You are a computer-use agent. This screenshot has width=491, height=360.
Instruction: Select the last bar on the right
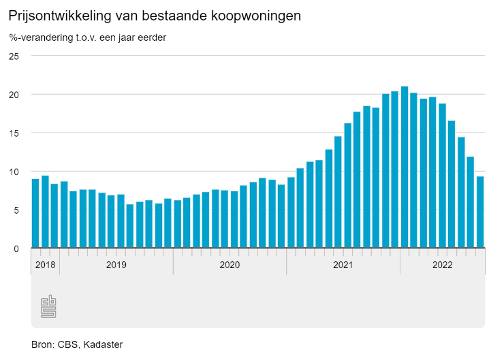tap(480, 212)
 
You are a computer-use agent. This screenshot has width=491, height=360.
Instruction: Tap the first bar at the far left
tap(35, 213)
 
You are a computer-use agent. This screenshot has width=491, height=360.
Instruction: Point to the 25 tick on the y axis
tap(14, 56)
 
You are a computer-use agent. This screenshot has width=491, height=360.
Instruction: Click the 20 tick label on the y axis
tap(14, 95)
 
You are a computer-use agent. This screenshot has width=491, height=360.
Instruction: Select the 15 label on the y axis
tap(14, 133)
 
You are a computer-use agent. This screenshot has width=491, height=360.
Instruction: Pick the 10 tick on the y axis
tap(14, 171)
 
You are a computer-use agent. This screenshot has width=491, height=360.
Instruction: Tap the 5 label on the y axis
tap(16, 210)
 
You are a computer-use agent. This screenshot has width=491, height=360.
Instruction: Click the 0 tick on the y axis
tap(16, 249)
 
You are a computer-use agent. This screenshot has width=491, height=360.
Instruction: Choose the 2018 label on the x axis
tap(45, 265)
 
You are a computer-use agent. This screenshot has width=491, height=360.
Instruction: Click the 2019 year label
tap(116, 265)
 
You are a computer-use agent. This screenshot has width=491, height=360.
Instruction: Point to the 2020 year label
tap(229, 265)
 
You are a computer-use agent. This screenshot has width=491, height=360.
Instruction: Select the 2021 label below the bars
tap(343, 265)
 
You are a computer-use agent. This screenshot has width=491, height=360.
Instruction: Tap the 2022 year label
tap(443, 265)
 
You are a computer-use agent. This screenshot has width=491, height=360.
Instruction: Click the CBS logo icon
tap(48, 306)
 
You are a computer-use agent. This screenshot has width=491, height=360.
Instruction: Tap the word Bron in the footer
tap(42, 344)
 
